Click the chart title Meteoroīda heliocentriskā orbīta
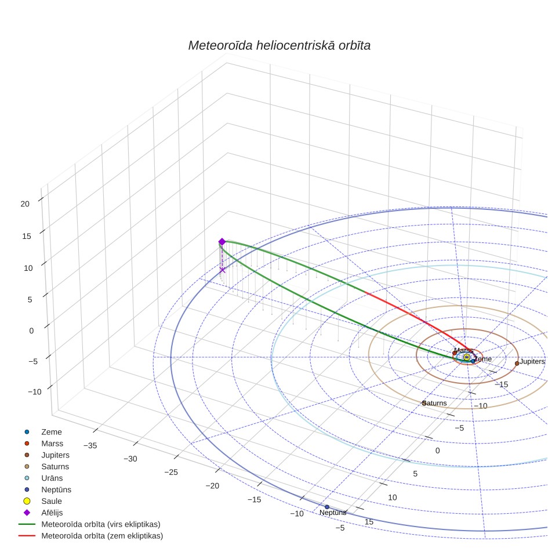coord(279,46)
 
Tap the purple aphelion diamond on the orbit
coord(222,242)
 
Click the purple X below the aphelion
coord(223,270)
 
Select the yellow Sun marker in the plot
coord(467,357)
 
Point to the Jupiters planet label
coord(532,361)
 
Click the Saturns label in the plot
coord(434,403)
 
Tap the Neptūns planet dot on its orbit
coord(327,507)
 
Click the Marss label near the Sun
coord(463,350)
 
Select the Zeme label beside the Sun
coord(483,359)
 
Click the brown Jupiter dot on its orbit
coord(517,364)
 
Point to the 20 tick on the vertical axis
coord(25,204)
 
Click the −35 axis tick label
coord(90,445)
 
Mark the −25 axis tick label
coord(171,473)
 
